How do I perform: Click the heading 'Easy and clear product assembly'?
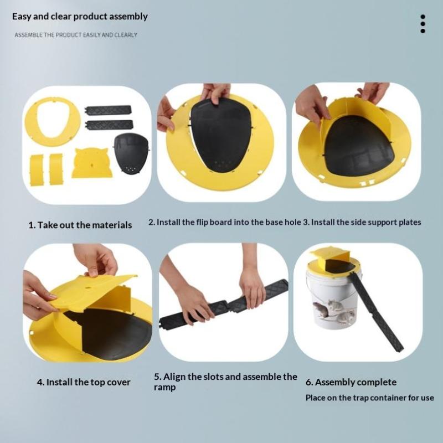pyautogui.click(x=80, y=17)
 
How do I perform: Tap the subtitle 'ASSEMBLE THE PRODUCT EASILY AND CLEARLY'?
pyautogui.click(x=76, y=35)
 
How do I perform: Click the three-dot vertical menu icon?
pyautogui.click(x=423, y=24)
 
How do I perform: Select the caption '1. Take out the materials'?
pyautogui.click(x=80, y=225)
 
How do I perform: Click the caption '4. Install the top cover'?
pyautogui.click(x=84, y=382)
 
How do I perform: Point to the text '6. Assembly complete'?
pyautogui.click(x=351, y=382)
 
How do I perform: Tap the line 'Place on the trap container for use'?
pyautogui.click(x=369, y=398)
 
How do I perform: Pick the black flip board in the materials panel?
pyautogui.click(x=131, y=153)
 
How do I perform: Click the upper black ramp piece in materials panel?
pyautogui.click(x=109, y=110)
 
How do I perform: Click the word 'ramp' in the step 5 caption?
pyautogui.click(x=164, y=387)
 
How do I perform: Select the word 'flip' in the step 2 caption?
pyautogui.click(x=203, y=222)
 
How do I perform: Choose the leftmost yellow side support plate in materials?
pyautogui.click(x=37, y=170)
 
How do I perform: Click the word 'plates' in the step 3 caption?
pyautogui.click(x=410, y=222)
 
